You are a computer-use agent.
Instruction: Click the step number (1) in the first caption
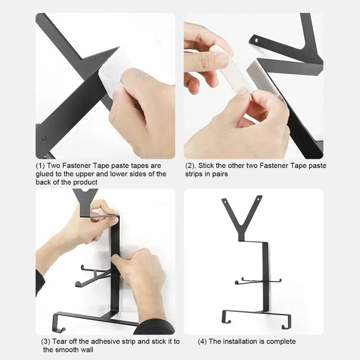[x=40, y=165]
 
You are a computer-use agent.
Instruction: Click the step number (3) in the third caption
[x=45, y=341]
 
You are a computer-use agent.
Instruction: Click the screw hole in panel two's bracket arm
[x=256, y=41]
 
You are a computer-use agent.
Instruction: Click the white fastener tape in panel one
[x=114, y=69]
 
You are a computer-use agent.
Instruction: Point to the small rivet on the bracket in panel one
[x=44, y=138]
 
